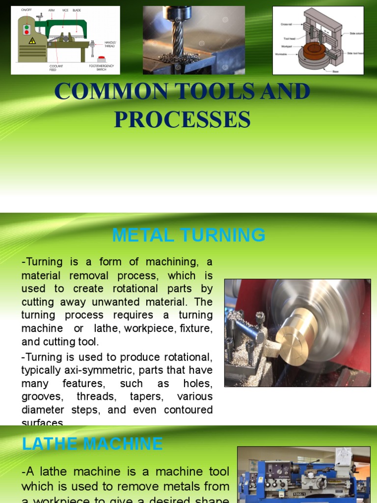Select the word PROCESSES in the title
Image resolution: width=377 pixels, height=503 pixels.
tap(182, 119)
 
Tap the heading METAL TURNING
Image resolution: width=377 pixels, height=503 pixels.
tap(188, 235)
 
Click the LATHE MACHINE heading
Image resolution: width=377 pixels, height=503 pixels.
tap(92, 444)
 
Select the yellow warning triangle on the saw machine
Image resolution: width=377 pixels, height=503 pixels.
tap(32, 40)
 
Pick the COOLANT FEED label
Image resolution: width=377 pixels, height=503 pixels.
tap(56, 68)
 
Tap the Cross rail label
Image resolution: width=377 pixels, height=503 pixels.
tap(288, 24)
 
